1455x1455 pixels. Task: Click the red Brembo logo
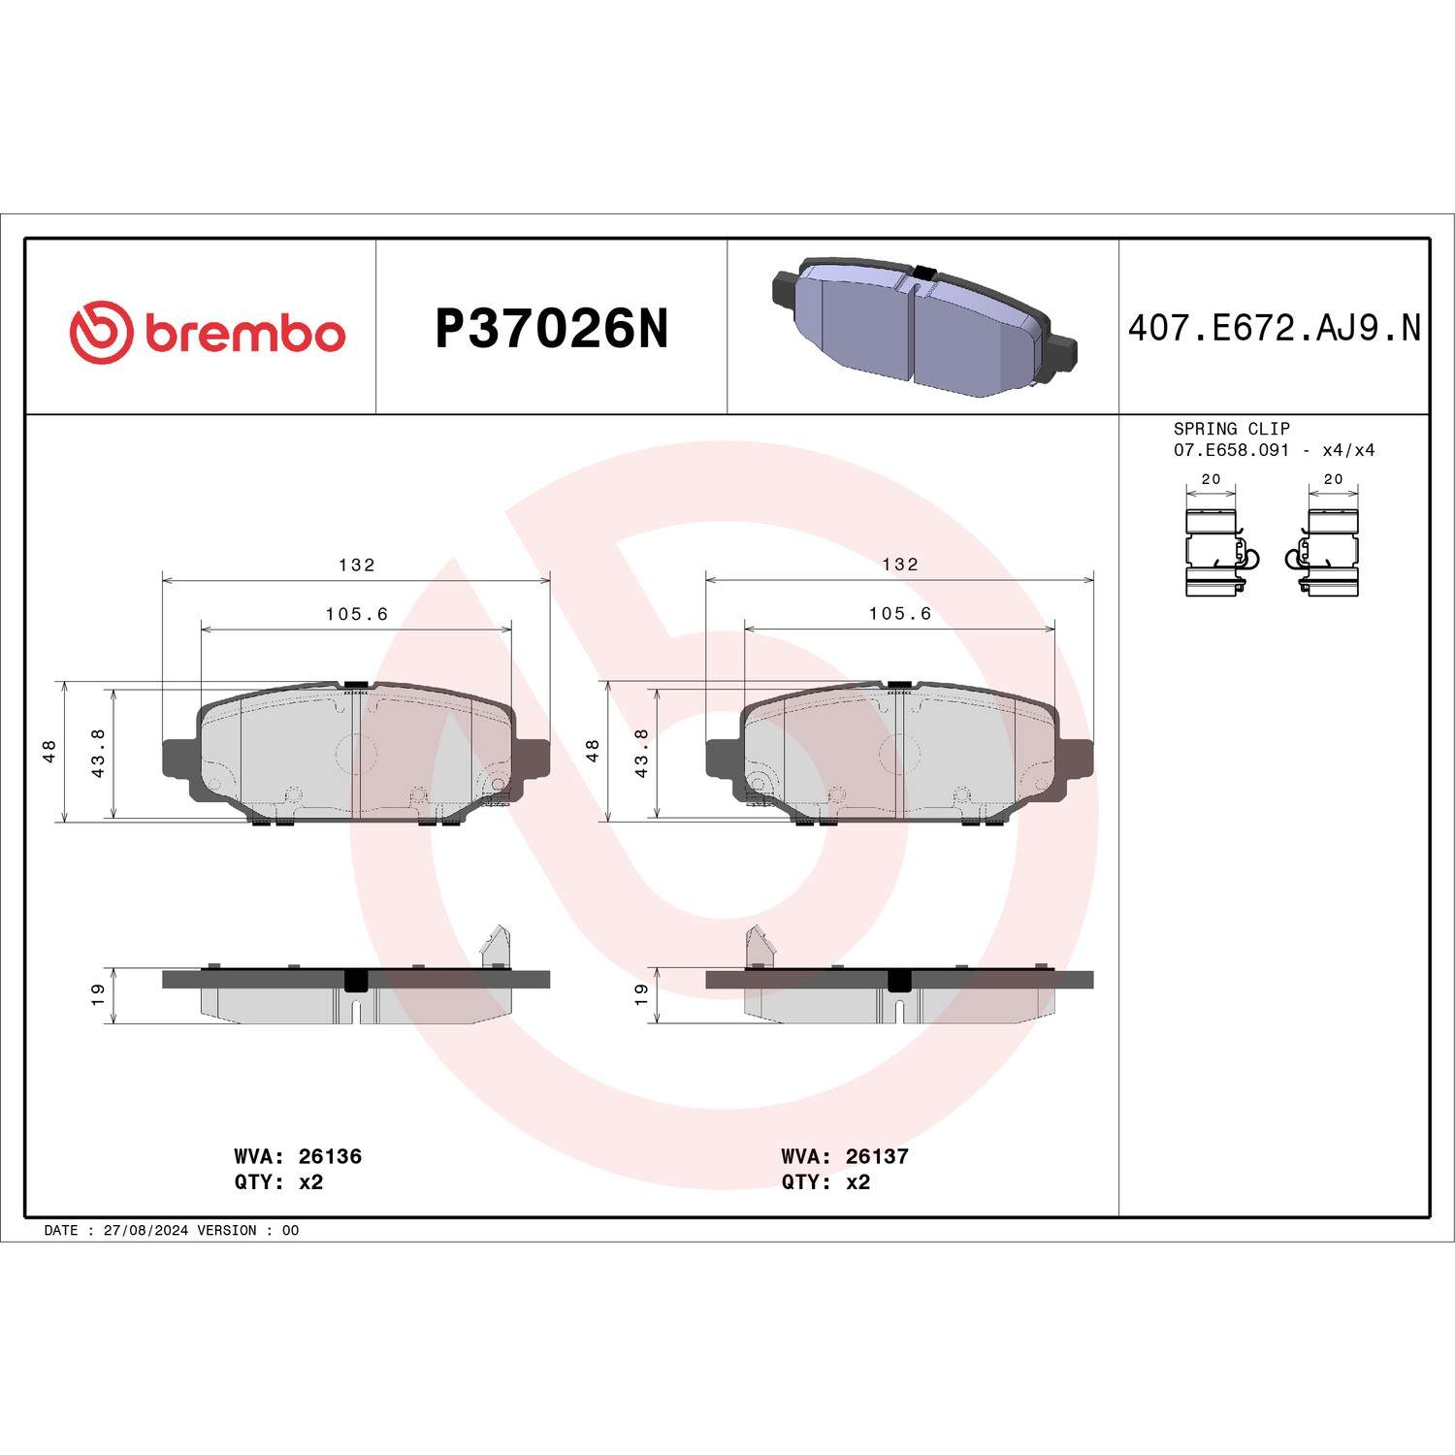click(x=207, y=333)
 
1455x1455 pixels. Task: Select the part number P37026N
click(x=551, y=329)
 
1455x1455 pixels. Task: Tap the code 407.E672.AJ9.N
click(x=1274, y=329)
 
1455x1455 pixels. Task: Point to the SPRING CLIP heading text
click(x=1231, y=429)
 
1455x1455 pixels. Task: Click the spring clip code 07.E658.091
click(x=1231, y=450)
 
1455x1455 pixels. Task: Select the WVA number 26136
click(x=330, y=1156)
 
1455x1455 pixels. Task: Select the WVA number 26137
click(x=877, y=1156)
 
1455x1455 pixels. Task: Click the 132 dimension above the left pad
click(x=356, y=565)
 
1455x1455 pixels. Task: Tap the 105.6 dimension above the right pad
click(x=899, y=614)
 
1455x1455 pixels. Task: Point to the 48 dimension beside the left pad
click(x=49, y=751)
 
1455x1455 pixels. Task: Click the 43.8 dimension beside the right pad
click(x=641, y=753)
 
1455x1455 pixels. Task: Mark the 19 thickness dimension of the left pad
click(x=98, y=994)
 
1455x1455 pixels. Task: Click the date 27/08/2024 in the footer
click(x=145, y=1230)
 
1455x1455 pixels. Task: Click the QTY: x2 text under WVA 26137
click(x=825, y=1181)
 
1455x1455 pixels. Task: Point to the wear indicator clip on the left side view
click(x=497, y=946)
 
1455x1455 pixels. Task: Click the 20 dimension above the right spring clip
click(x=1333, y=479)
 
